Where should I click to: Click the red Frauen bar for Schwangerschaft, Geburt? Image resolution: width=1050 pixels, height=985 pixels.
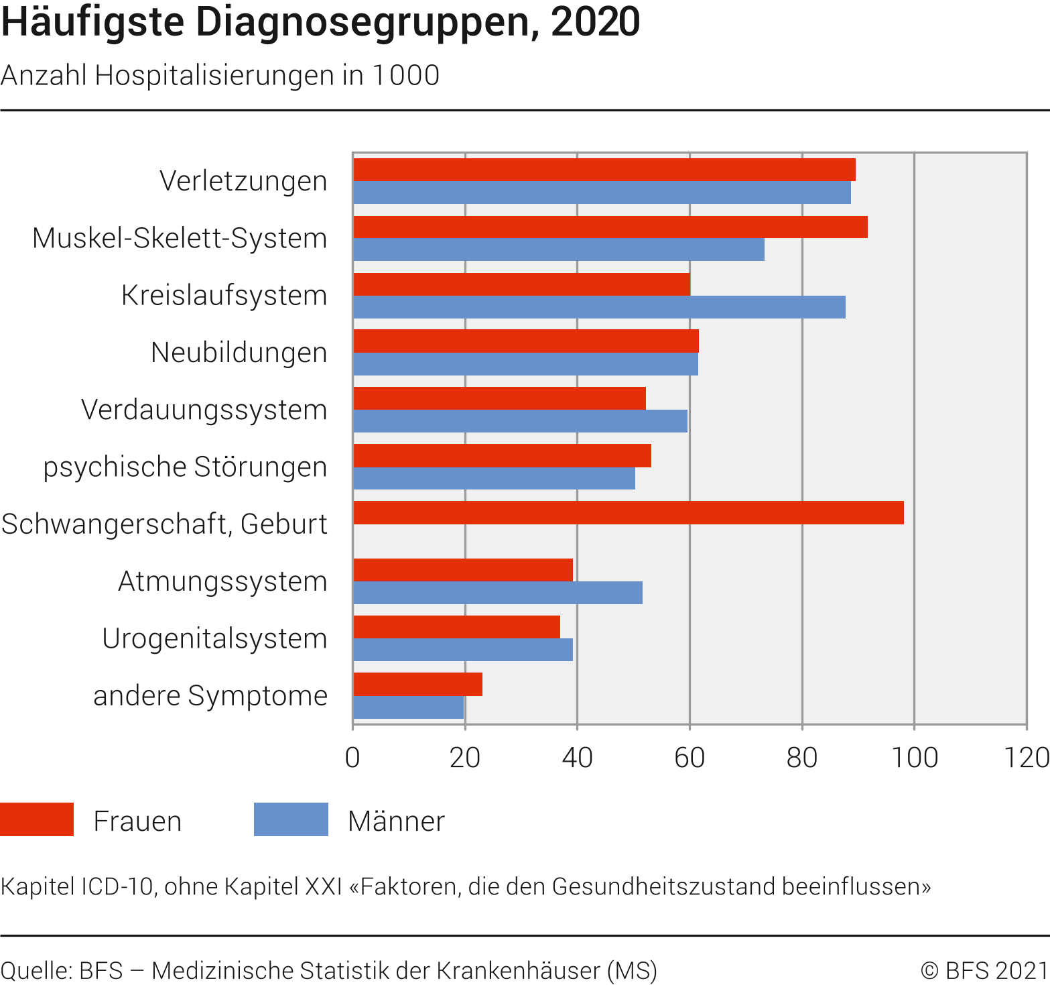628,512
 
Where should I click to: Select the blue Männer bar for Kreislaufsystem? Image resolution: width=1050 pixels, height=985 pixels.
599,307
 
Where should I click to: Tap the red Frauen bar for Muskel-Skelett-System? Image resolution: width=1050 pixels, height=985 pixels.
610,227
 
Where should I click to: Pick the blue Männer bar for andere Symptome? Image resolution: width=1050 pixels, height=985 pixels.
408,707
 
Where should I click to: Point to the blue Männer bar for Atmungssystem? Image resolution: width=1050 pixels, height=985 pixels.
497,593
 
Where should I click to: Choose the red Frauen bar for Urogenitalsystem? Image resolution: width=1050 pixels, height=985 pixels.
456,627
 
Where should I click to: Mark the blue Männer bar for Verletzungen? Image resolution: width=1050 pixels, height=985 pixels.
602,192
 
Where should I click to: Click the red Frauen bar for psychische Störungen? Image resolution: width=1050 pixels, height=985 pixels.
502,455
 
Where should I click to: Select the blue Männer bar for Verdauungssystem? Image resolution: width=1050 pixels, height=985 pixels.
520,421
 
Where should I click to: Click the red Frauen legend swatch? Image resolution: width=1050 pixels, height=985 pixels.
37,819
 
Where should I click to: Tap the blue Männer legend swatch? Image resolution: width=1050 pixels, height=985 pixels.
291,819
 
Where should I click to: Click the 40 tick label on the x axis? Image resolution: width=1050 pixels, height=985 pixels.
577,758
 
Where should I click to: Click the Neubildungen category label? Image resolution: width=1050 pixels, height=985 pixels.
239,353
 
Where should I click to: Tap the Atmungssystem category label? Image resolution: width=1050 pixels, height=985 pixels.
222,581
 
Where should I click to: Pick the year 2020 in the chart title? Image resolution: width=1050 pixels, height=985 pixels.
595,21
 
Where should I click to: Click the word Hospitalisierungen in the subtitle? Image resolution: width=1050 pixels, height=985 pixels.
214,75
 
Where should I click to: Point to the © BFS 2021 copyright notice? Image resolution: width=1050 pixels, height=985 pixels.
984,970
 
